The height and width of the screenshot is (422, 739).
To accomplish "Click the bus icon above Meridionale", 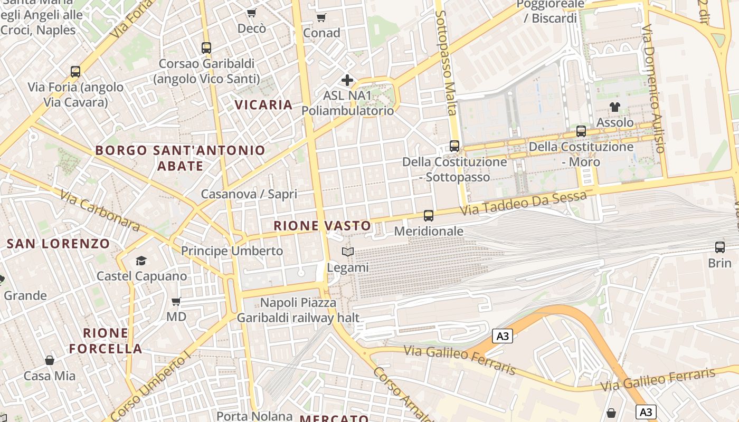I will pyautogui.click(x=428, y=215).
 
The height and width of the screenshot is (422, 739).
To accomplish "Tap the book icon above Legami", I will pyautogui.click(x=347, y=252).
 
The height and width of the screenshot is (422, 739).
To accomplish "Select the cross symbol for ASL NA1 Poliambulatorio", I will pyautogui.click(x=347, y=80).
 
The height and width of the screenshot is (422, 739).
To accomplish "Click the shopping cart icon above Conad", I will pyautogui.click(x=321, y=17).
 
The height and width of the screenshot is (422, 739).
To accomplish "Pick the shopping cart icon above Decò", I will pyautogui.click(x=252, y=13).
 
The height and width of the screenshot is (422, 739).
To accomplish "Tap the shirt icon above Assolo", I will pyautogui.click(x=614, y=107).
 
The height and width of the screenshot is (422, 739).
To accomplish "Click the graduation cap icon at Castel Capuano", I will pyautogui.click(x=141, y=261).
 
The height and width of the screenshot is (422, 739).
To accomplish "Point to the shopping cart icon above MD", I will pyautogui.click(x=176, y=302).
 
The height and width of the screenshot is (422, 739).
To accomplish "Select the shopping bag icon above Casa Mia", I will pyautogui.click(x=50, y=360).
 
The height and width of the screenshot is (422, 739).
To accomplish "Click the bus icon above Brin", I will pyautogui.click(x=719, y=247).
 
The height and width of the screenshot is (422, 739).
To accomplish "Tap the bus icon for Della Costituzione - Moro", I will pyautogui.click(x=581, y=131).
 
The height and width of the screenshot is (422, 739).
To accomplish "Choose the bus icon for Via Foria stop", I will pyautogui.click(x=75, y=72).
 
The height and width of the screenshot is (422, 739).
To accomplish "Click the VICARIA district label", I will pyautogui.click(x=264, y=104).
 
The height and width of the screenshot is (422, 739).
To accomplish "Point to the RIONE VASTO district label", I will pyautogui.click(x=322, y=226).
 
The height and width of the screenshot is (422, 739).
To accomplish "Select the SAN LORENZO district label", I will pyautogui.click(x=58, y=244).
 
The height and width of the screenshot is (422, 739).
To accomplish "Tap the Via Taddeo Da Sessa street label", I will pyautogui.click(x=524, y=204).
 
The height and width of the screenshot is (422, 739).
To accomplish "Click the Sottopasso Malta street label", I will pyautogui.click(x=447, y=62).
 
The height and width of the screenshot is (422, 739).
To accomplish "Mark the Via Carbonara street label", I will pyautogui.click(x=100, y=210).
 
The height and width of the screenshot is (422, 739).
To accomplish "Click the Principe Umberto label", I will pyautogui.click(x=232, y=251).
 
